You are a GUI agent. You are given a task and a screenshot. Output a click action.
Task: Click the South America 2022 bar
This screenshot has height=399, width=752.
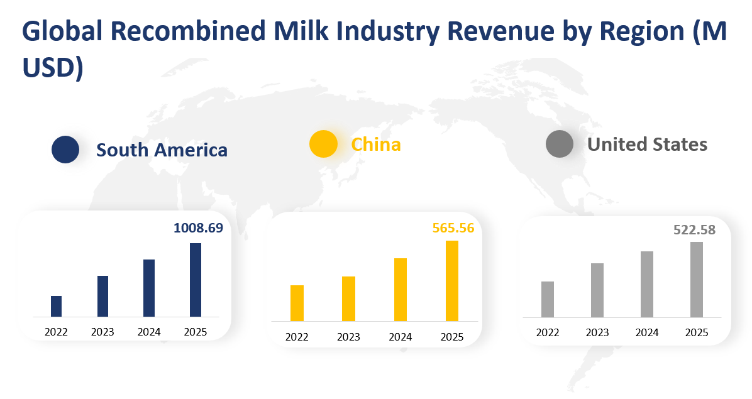click(x=56, y=306)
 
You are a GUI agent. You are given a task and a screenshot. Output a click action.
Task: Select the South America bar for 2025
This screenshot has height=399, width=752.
click(x=196, y=280)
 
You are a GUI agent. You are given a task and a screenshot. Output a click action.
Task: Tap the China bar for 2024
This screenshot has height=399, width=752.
click(x=400, y=290)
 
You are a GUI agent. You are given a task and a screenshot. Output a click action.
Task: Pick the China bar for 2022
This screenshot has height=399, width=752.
click(x=297, y=303)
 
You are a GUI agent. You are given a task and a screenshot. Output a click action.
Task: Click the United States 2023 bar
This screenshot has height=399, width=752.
click(x=597, y=290)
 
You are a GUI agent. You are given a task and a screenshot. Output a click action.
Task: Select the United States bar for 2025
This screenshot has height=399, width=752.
click(x=696, y=280)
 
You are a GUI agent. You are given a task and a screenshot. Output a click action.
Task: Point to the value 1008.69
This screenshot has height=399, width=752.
click(x=198, y=228)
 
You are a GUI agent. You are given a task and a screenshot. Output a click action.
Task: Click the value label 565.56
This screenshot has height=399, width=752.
click(x=453, y=228)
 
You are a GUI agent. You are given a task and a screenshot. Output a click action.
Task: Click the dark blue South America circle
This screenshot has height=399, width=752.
click(x=65, y=150)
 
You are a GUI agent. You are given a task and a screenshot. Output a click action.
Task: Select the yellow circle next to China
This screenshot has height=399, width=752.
click(x=323, y=144)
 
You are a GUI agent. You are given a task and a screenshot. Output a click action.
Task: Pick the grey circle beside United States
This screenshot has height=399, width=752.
click(x=560, y=144)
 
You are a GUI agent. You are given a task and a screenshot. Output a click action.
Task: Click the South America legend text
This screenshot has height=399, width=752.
click(x=162, y=150)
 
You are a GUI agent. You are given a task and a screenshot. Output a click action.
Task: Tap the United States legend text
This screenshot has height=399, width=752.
click(x=647, y=145)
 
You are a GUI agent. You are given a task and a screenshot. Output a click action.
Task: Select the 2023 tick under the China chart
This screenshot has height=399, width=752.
click(x=348, y=337)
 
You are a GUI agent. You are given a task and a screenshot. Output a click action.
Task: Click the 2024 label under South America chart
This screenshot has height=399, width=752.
click(x=148, y=332)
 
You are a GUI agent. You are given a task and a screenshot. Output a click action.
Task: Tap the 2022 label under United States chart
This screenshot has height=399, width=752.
click(x=548, y=333)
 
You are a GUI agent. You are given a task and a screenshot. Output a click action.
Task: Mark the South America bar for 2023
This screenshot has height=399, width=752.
click(x=102, y=296)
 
